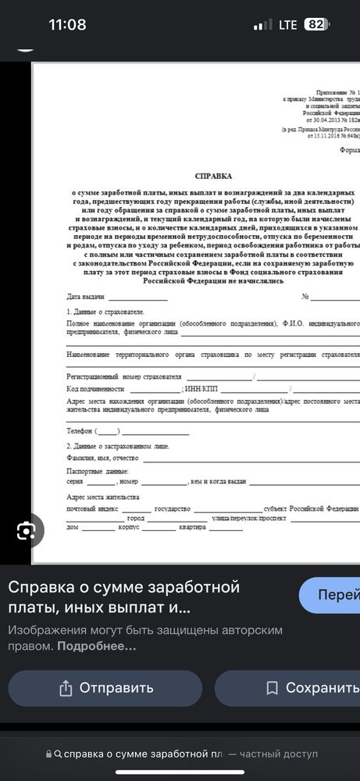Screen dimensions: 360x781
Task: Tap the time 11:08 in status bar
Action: coord(67,24)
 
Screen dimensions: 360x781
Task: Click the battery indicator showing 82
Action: coord(314,25)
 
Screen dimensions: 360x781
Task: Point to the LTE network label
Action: coord(287,25)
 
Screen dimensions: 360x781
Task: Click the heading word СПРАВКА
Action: coord(213,177)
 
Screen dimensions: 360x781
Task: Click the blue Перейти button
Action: coord(333,595)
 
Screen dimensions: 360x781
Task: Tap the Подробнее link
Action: coord(98,646)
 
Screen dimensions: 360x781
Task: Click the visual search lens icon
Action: coord(27,531)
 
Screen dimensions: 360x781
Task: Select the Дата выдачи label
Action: coord(85,297)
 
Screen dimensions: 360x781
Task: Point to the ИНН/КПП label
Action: coord(201,388)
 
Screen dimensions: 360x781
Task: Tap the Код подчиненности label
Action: coord(96,388)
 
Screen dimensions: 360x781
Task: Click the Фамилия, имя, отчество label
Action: coord(102,458)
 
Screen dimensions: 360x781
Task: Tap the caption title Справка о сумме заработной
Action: coord(124,587)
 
